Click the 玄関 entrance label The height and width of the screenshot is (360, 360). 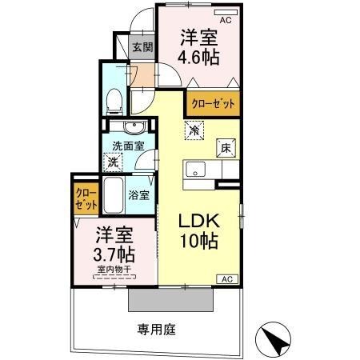coord(142,46)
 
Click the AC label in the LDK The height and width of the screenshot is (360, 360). coord(226,278)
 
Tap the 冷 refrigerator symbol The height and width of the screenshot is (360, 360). coord(194,128)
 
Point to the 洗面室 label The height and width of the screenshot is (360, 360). coord(128,146)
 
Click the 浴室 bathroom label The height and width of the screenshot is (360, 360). coord(139,194)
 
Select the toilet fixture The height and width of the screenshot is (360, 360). coord(114,98)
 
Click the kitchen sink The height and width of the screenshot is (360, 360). coord(195,170)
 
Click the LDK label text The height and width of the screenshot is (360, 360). coord(194,222)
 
